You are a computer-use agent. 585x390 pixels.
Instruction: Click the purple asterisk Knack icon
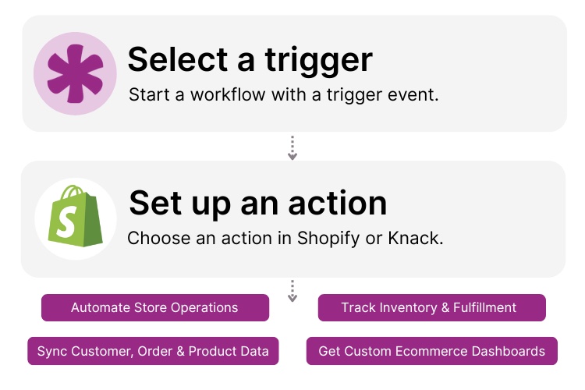click(x=75, y=73)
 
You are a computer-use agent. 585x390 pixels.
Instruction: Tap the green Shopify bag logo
click(x=76, y=216)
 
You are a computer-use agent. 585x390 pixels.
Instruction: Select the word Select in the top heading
click(x=176, y=59)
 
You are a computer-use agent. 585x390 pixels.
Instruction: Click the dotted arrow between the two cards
click(x=292, y=148)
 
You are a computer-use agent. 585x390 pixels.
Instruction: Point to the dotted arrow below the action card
click(x=292, y=291)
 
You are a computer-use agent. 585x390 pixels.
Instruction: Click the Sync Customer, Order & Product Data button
click(x=153, y=351)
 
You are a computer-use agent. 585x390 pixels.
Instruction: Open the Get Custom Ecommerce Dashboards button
click(x=431, y=351)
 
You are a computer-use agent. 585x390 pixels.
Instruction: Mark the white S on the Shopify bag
click(x=74, y=219)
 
